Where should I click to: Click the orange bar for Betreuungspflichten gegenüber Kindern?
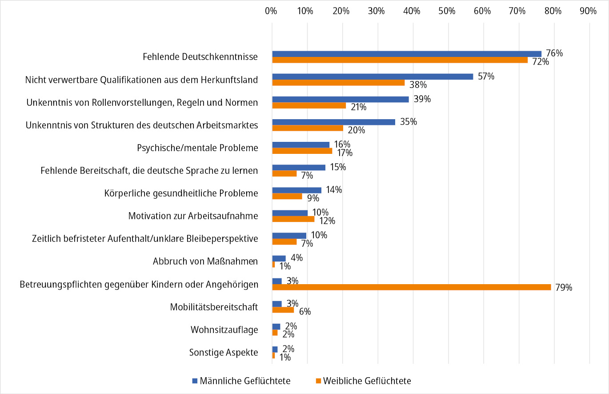click(x=411, y=287)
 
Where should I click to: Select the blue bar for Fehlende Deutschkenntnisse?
click(x=406, y=54)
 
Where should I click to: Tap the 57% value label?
click(x=486, y=76)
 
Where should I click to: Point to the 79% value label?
click(x=564, y=287)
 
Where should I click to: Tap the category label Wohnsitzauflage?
click(x=224, y=330)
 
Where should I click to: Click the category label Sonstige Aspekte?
click(x=224, y=352)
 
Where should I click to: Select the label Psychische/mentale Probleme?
click(x=198, y=148)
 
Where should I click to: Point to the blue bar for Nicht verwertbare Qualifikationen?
click(x=373, y=76)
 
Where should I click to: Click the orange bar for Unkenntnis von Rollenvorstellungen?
click(x=309, y=105)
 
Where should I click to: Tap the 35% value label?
click(x=408, y=122)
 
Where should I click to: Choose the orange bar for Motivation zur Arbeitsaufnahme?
click(x=293, y=219)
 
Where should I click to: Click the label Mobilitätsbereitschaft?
click(x=214, y=307)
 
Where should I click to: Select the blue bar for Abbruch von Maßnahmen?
click(x=279, y=258)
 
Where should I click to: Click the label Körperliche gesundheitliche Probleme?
click(x=181, y=193)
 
